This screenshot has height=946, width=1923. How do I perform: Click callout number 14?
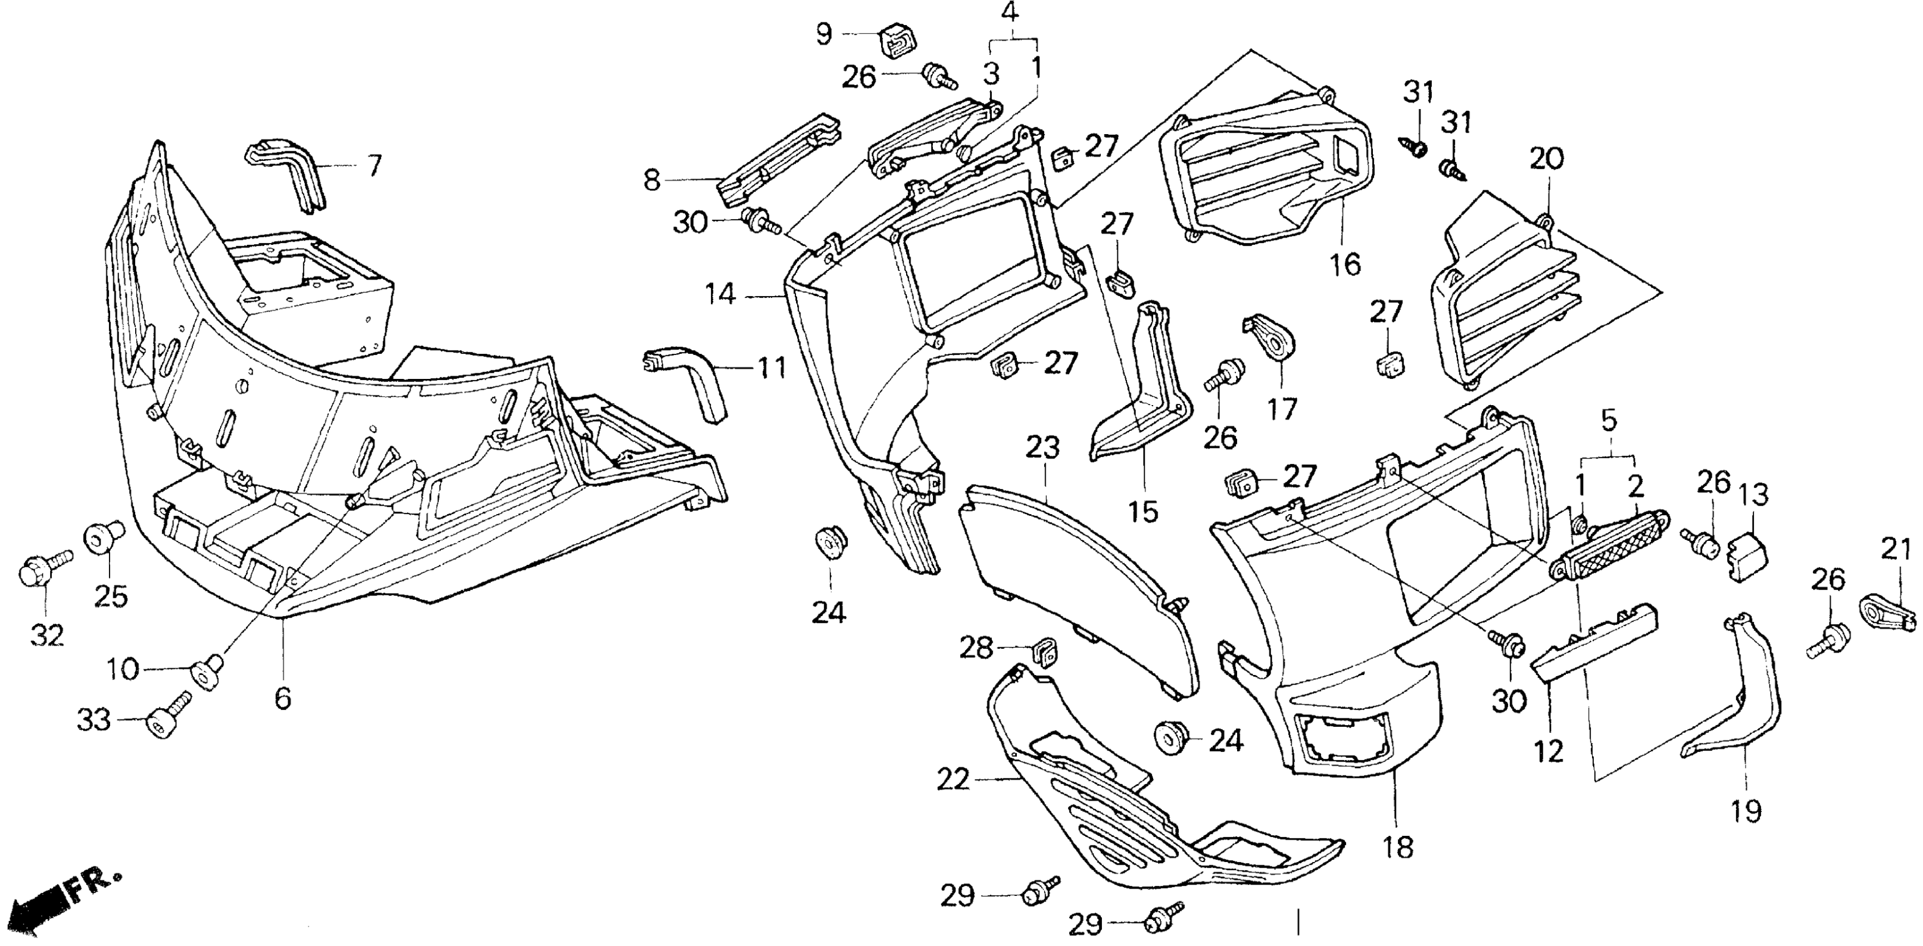(721, 295)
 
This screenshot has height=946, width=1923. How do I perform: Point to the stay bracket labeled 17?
(1271, 343)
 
